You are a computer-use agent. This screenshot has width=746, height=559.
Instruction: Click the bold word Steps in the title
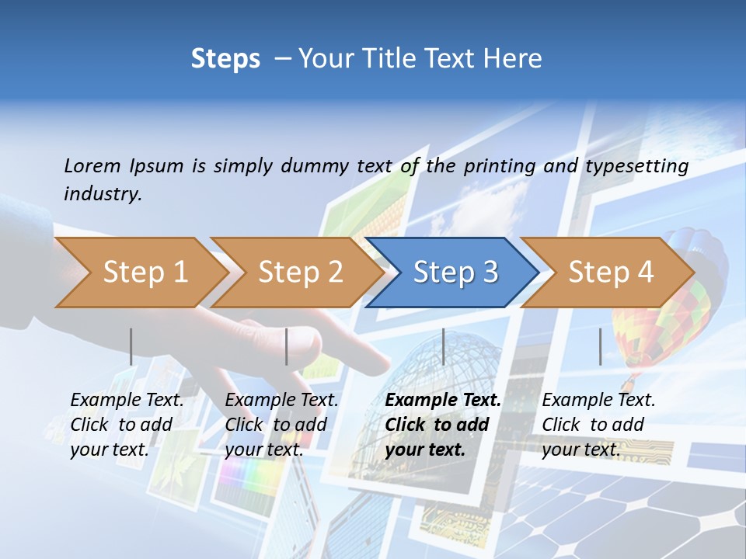click(225, 59)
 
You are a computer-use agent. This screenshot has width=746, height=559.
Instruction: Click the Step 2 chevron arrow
click(295, 273)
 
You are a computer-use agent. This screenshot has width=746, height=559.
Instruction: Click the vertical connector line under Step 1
click(131, 346)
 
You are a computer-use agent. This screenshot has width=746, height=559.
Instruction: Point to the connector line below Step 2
click(287, 346)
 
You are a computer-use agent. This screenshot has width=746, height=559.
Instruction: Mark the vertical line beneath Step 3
click(443, 346)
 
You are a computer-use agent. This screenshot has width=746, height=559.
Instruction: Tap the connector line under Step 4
click(600, 346)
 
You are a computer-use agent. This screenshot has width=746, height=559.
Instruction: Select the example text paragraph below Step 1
click(126, 425)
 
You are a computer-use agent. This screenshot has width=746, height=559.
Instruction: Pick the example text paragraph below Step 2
click(281, 425)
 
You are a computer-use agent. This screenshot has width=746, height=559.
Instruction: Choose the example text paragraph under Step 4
click(598, 425)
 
